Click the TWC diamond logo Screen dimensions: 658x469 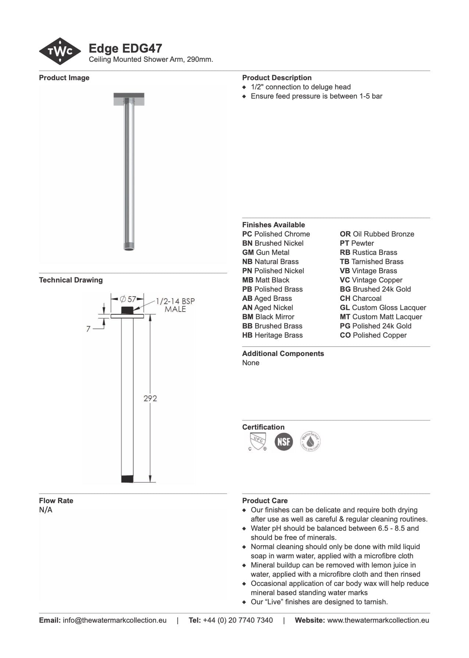(x=60, y=51)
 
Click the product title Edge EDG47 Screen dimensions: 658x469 (x=125, y=49)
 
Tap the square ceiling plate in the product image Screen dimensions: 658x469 (x=129, y=99)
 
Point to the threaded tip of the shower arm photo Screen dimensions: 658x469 (x=129, y=246)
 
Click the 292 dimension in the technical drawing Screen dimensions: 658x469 (x=150, y=398)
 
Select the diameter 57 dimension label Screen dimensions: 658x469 (x=128, y=299)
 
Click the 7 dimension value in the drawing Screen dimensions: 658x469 (x=88, y=329)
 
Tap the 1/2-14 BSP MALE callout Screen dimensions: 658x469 (x=175, y=305)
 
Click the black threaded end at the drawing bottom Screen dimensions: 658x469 (x=127, y=479)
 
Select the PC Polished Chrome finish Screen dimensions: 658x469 (x=276, y=234)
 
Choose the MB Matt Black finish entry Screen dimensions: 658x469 (x=266, y=280)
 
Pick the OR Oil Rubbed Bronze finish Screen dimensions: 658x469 (x=377, y=234)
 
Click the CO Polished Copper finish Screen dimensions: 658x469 (x=373, y=335)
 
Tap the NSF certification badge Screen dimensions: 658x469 (x=284, y=441)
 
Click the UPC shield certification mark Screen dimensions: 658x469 (x=257, y=441)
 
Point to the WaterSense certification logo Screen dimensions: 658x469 (x=310, y=441)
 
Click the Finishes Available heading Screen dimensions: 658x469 (x=273, y=225)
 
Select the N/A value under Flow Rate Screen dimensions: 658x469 (x=46, y=510)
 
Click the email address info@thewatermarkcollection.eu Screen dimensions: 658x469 (x=114, y=620)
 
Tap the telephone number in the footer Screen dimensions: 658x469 (x=238, y=620)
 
